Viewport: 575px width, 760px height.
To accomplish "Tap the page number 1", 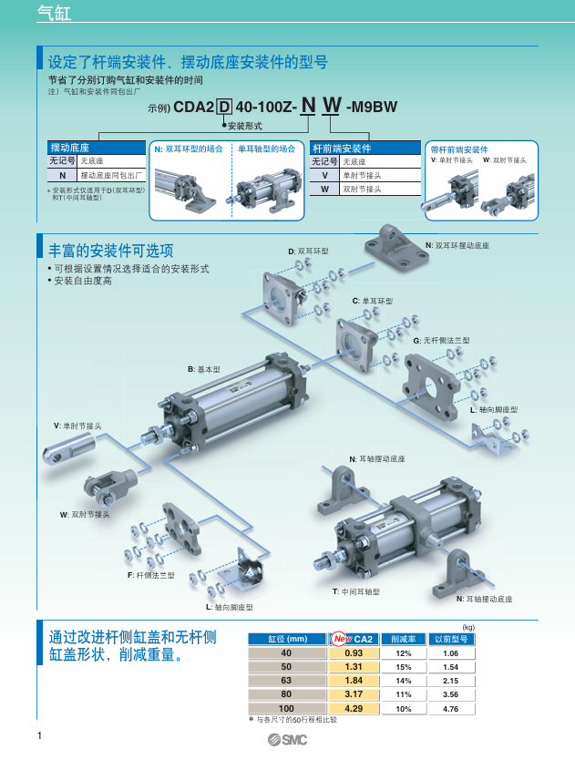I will (39, 735).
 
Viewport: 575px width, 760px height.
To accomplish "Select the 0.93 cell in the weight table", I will (354, 654).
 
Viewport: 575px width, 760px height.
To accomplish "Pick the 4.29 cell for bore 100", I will (354, 708).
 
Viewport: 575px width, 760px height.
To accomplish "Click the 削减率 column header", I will (403, 640).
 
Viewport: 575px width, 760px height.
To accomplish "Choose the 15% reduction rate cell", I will (403, 668).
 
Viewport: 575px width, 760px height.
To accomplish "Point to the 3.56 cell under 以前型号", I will (449, 694).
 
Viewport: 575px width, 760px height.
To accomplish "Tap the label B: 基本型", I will (205, 369).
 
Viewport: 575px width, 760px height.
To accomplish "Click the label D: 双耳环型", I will (308, 251).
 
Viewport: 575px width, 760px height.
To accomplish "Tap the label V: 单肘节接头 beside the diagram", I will (77, 426).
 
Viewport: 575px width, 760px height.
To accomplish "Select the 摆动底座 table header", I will (69, 148).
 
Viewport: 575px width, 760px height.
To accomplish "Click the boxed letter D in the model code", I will (224, 108).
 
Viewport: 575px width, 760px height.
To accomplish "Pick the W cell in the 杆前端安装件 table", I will (323, 189).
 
